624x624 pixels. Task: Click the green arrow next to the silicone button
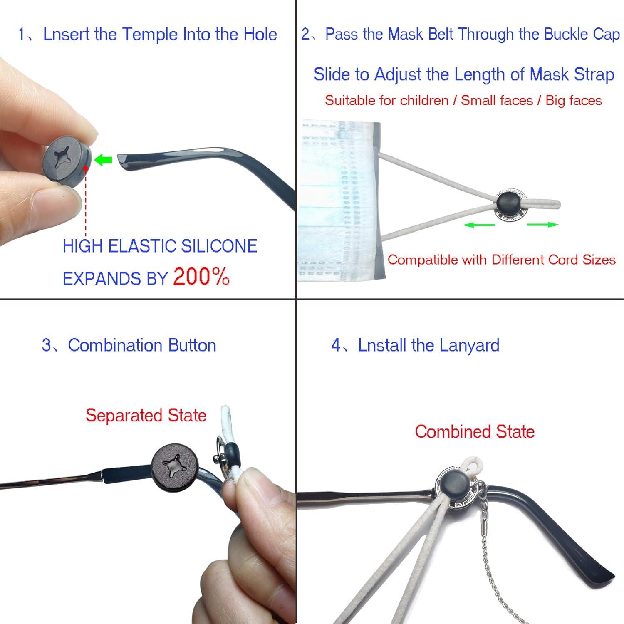(x=103, y=159)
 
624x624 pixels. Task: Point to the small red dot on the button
(x=85, y=168)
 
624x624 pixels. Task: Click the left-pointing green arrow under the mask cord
(x=479, y=225)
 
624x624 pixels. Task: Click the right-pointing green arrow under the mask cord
(x=542, y=225)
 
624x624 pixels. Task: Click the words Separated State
(x=146, y=415)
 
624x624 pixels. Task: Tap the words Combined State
(x=474, y=431)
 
